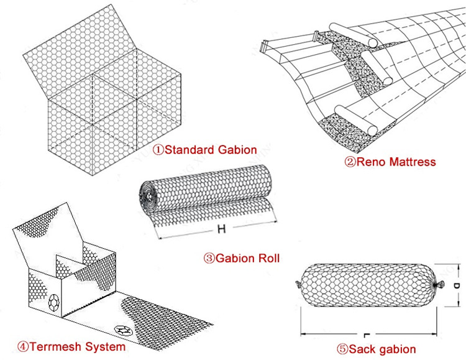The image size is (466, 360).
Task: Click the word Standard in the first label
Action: pyautogui.click(x=185, y=150)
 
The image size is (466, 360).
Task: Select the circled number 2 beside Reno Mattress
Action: pyautogui.click(x=350, y=162)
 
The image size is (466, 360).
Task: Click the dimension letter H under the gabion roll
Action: pyautogui.click(x=221, y=229)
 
